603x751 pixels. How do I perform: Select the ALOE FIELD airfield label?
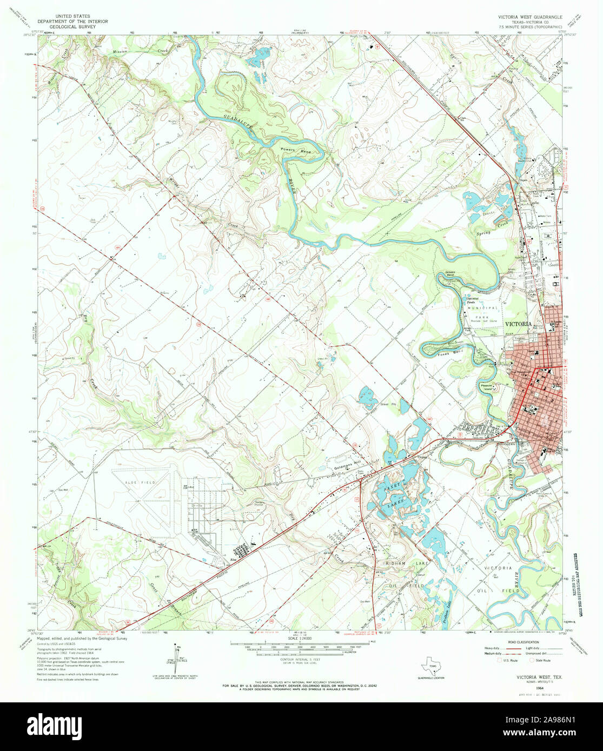[141, 482]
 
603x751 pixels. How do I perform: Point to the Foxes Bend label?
[456, 352]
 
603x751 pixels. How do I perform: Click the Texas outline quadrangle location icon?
[432, 662]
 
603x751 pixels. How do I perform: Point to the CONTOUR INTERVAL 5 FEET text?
[297, 660]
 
